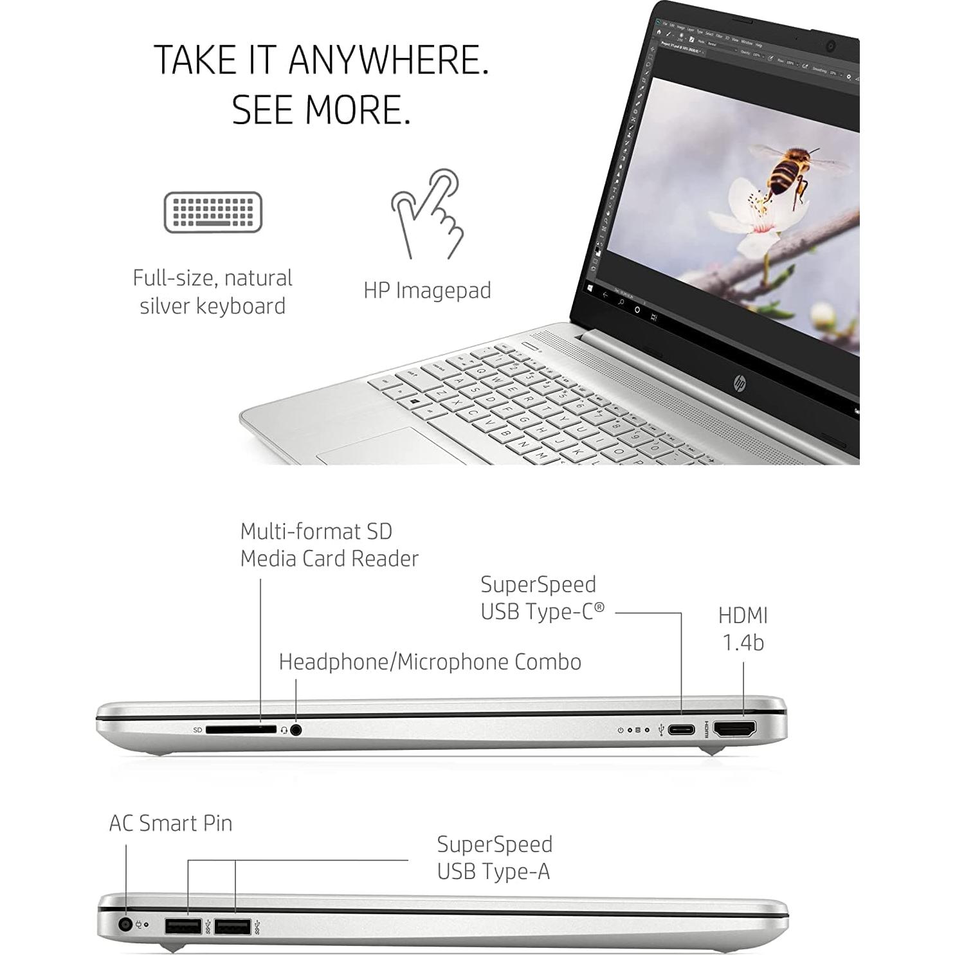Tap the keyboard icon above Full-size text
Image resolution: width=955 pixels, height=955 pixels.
click(213, 212)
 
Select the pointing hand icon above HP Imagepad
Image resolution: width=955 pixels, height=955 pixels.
click(428, 214)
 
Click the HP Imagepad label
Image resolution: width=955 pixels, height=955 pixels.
click(427, 290)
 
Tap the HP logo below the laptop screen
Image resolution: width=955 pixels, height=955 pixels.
click(740, 384)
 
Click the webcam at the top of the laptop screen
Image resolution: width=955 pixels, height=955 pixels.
click(830, 46)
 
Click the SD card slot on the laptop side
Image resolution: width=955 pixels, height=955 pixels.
click(241, 730)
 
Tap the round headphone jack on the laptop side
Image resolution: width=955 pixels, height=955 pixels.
click(296, 730)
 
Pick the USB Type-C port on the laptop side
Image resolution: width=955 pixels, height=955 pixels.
click(681, 730)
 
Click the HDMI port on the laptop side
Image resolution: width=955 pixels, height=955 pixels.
click(735, 729)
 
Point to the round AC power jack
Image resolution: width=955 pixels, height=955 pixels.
click(125, 925)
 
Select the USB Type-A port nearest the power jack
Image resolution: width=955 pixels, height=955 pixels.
click(184, 927)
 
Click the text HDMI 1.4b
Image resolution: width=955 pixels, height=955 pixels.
click(743, 628)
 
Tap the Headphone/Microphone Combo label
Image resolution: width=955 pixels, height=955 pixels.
click(430, 662)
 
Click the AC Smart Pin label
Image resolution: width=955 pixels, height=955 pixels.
click(170, 823)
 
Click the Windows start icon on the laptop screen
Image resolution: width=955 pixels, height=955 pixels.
click(590, 289)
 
